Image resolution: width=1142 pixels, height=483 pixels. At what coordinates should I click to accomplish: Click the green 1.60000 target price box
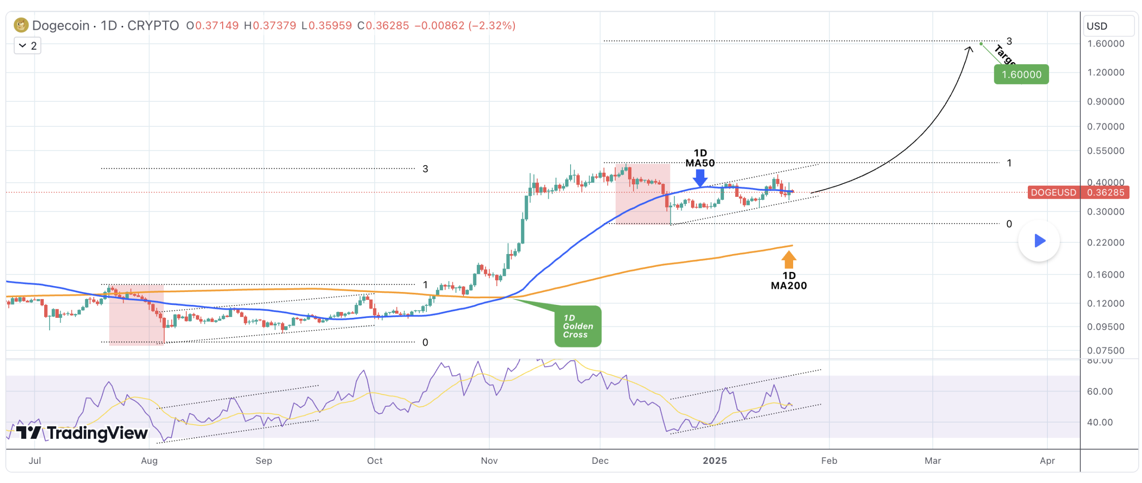click(1021, 75)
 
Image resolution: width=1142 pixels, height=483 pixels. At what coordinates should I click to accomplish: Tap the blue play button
click(1039, 241)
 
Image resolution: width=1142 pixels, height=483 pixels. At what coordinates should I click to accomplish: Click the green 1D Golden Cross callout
click(578, 326)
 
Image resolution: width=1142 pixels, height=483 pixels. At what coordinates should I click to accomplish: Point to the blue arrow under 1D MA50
click(700, 178)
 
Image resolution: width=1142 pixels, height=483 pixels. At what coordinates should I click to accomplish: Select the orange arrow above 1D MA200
click(788, 259)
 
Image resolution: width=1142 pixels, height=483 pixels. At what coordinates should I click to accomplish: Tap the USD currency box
click(1109, 26)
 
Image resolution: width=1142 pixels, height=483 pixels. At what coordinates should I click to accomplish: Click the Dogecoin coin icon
click(21, 25)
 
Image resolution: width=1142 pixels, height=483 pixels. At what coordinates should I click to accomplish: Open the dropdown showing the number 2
click(28, 46)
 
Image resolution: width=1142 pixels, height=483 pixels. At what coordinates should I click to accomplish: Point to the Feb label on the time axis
click(829, 461)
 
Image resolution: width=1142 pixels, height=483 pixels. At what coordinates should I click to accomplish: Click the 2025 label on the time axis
click(714, 461)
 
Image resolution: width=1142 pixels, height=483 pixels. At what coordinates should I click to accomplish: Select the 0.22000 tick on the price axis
click(1105, 243)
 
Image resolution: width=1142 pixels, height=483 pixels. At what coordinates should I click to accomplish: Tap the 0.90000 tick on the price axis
click(1105, 102)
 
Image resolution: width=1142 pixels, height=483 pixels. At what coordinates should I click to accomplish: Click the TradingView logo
click(82, 433)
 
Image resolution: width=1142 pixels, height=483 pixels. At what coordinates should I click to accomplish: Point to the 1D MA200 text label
click(788, 281)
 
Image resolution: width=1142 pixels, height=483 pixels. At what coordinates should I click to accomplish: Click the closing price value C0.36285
click(383, 25)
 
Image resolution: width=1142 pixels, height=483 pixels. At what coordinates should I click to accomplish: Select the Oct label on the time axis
click(374, 461)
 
